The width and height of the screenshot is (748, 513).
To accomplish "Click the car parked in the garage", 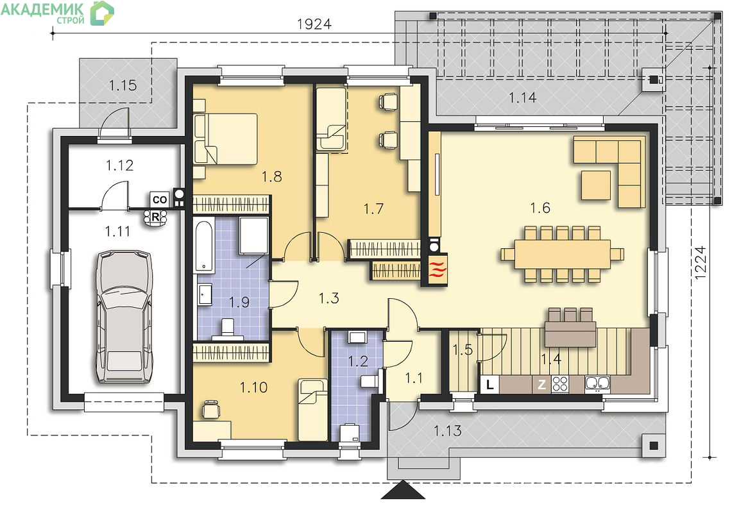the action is (124, 317).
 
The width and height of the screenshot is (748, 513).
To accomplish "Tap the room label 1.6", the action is (540, 208).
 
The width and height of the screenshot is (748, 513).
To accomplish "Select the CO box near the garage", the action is (160, 200).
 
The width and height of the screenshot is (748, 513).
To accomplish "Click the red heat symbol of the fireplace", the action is (438, 269).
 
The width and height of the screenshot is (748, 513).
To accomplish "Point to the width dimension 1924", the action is (314, 24).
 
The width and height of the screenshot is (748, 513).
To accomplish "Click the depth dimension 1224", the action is (699, 263).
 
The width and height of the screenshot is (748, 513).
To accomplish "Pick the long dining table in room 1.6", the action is (562, 254).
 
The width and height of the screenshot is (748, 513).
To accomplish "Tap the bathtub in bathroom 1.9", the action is (204, 246).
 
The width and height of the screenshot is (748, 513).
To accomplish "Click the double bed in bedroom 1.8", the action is (226, 139).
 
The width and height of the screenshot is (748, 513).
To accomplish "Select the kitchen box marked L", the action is (490, 385).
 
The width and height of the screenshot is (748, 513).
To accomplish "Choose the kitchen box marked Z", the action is (542, 384).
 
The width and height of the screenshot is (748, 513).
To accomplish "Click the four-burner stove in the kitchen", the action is (561, 384).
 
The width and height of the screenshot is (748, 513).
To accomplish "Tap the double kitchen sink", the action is (598, 384).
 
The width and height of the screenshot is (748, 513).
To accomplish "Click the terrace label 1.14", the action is (522, 97).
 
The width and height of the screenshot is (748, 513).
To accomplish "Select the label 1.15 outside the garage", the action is (123, 85).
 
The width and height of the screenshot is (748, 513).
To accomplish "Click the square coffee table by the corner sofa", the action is (596, 185).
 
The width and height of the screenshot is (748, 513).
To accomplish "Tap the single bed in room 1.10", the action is (313, 410).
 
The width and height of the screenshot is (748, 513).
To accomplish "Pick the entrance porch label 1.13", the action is (448, 431).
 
